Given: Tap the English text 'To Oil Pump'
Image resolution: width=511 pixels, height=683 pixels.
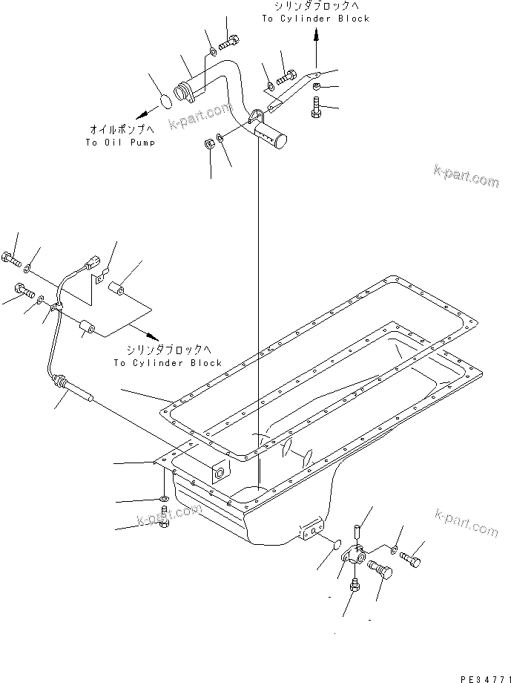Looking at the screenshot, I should tap(119, 142).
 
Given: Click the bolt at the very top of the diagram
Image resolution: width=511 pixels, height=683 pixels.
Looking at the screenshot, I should tap(231, 40).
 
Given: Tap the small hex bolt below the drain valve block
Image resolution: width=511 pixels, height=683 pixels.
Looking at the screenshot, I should tap(354, 587).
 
